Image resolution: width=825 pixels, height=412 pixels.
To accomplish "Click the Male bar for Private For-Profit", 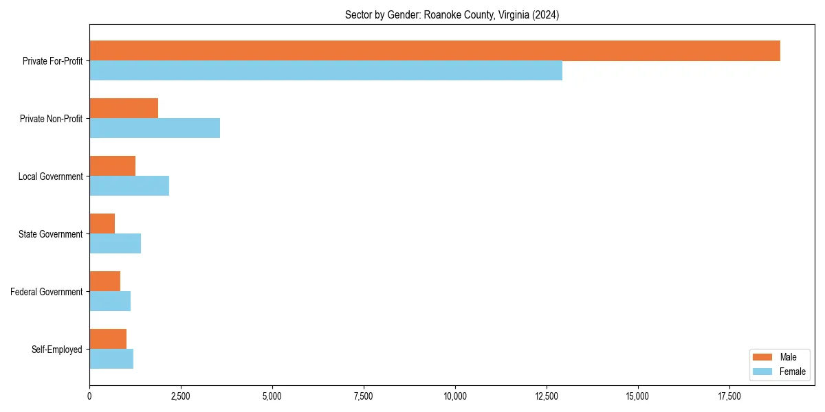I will (x=434, y=51).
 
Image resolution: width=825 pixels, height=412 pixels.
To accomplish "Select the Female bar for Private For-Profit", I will (x=326, y=71).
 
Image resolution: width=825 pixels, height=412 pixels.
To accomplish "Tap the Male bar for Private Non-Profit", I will (x=124, y=108).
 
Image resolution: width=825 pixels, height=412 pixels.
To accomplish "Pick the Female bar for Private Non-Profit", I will (x=155, y=128).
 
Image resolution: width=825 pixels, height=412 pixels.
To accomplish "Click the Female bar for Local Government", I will (x=129, y=186).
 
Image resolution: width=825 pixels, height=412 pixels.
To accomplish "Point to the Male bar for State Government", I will (x=102, y=224).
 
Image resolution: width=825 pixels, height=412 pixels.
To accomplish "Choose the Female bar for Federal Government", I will (x=110, y=301).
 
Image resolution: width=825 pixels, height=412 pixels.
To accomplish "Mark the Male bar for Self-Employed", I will (x=108, y=339).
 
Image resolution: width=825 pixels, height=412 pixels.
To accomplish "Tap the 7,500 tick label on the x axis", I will (x=364, y=396).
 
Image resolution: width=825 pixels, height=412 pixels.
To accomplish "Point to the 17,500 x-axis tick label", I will (x=729, y=396).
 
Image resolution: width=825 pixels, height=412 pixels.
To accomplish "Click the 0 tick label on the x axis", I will (x=89, y=396).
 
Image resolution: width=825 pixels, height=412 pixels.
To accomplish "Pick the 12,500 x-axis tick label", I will (x=547, y=396).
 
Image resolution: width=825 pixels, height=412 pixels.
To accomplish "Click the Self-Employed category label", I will (x=57, y=350).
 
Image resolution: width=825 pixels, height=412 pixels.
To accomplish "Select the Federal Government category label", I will (x=47, y=292).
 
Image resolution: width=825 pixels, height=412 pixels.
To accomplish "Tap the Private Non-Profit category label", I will (x=51, y=119).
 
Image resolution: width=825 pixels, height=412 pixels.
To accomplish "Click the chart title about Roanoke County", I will (x=452, y=15).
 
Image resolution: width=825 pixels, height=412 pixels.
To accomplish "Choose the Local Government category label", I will (x=50, y=176).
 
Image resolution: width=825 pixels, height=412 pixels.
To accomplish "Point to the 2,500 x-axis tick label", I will (x=181, y=396).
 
